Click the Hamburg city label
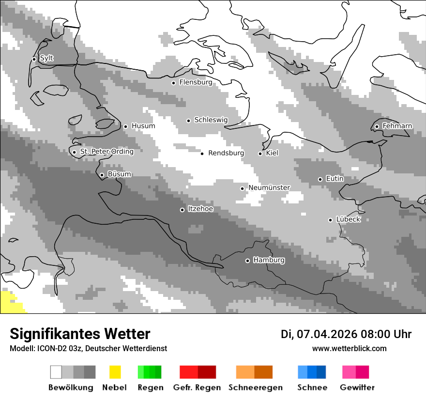coord(269,260)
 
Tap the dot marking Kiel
coord(260,154)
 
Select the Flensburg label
coord(196,82)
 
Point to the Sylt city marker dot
coord(34,59)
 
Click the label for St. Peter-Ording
coord(106,152)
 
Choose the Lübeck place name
coord(348,219)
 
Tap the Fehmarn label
coord(397,126)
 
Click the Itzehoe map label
coord(200,209)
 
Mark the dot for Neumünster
coord(242,188)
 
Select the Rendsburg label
coord(226,153)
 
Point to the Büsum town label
coord(119,174)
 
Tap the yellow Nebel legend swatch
coord(115,372)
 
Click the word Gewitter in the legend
coord(357,387)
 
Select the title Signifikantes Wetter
coord(80,334)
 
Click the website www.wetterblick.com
coord(349,348)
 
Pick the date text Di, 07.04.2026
coord(319,334)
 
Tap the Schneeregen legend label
coord(255,387)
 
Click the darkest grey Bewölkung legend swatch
coord(90,372)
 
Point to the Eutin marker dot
coord(320,179)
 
